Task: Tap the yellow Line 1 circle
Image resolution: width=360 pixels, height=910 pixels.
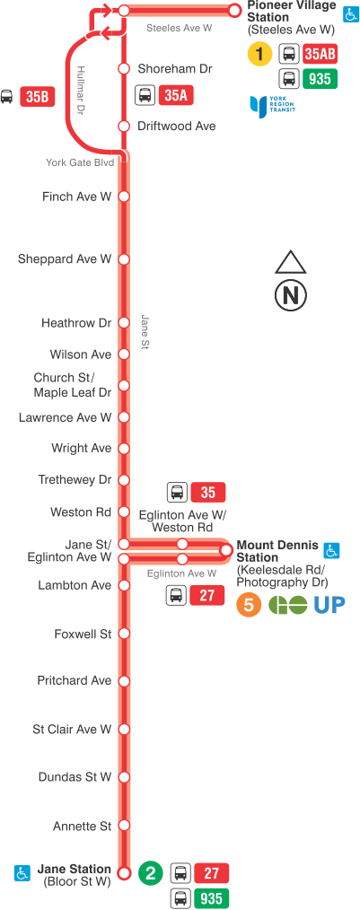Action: [x=259, y=55]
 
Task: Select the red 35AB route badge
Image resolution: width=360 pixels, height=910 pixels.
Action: [x=320, y=55]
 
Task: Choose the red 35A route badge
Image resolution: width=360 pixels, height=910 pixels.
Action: [x=176, y=94]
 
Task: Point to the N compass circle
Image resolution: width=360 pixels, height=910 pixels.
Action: [x=291, y=294]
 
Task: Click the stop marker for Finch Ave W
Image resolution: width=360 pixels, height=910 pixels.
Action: [x=124, y=197]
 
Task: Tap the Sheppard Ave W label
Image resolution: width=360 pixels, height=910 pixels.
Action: [x=65, y=259]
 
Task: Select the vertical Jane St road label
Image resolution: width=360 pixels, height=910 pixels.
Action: [x=143, y=333]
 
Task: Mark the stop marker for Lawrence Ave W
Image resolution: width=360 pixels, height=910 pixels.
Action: [x=124, y=418]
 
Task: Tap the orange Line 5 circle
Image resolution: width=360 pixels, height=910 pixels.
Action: [x=249, y=605]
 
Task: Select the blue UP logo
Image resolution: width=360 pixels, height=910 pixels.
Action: [x=329, y=605]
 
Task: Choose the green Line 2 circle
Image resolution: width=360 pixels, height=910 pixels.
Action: [x=151, y=872]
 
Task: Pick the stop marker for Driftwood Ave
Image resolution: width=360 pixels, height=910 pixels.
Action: [x=124, y=127]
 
